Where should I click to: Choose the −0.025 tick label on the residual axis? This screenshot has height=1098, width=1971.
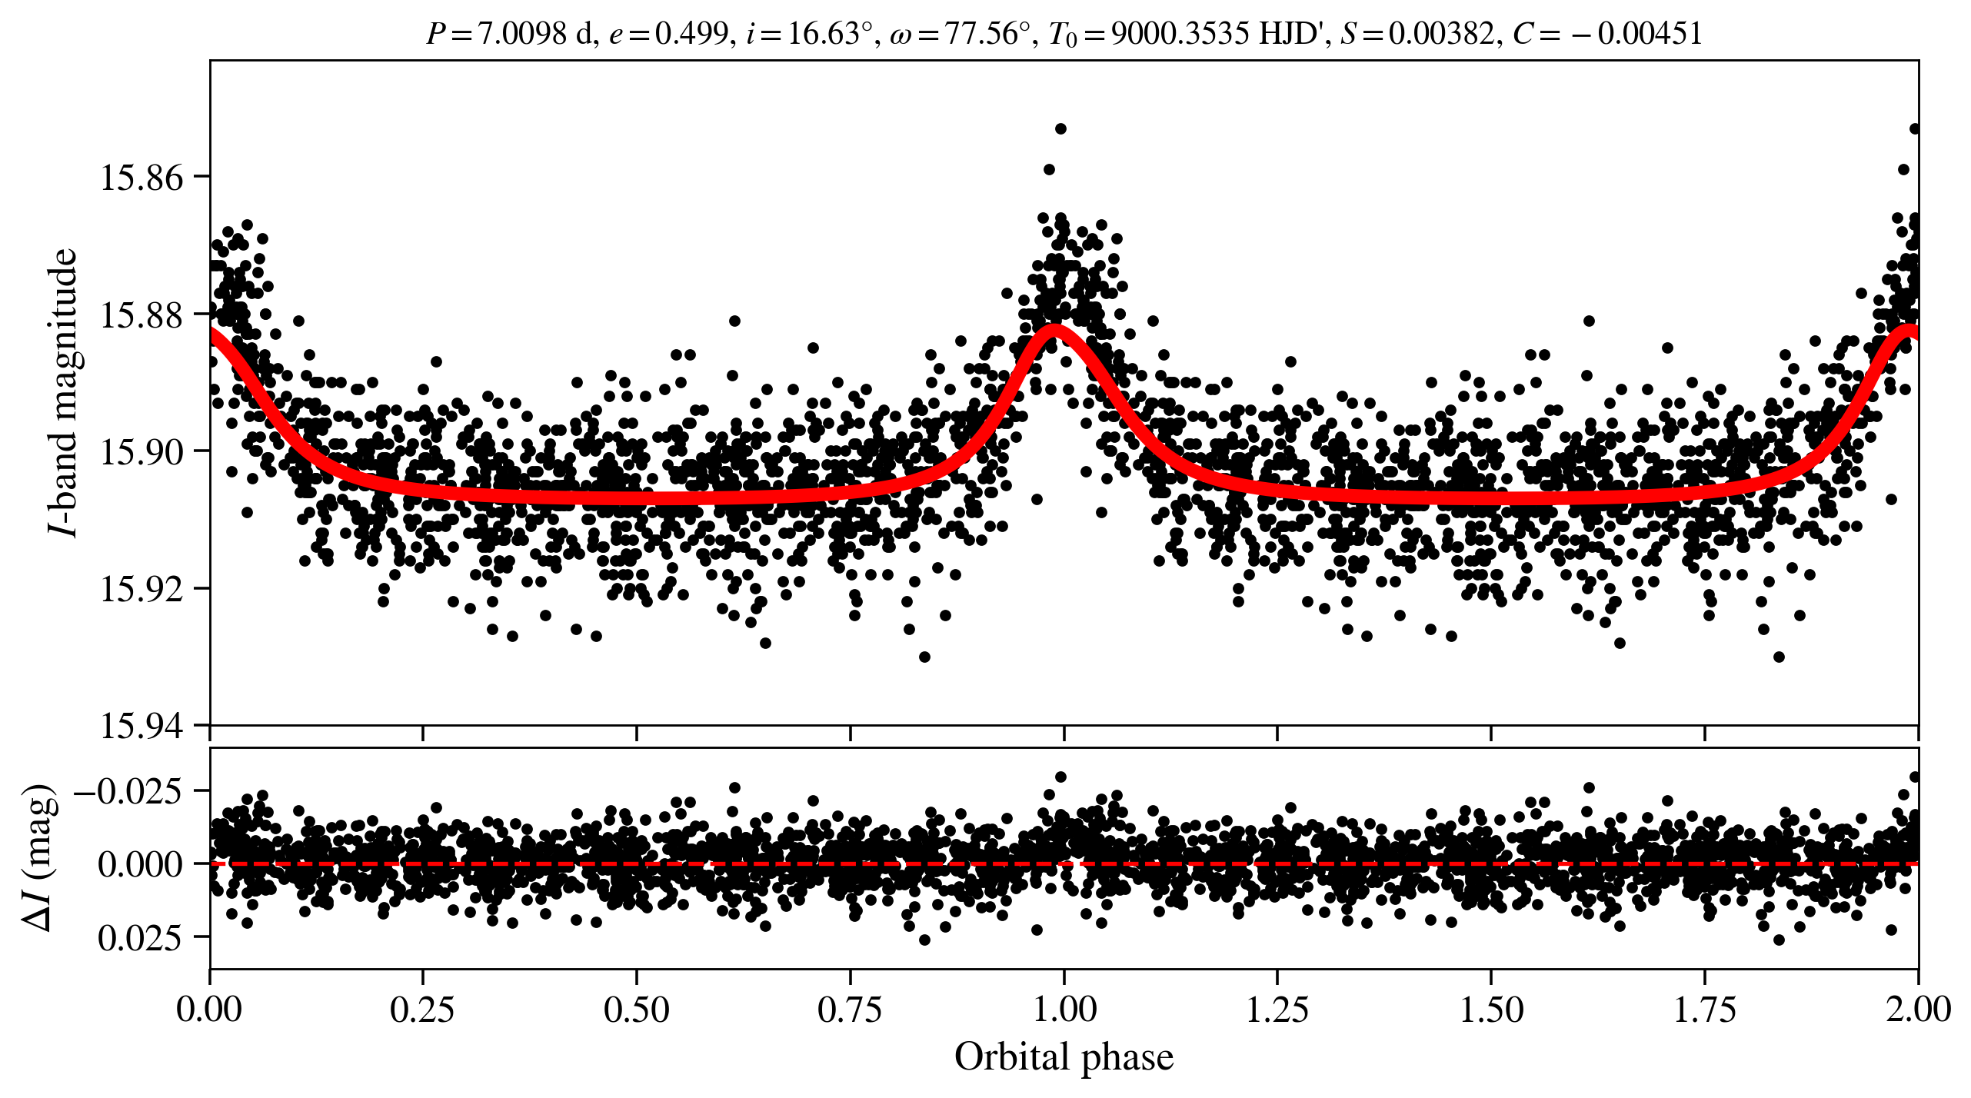(x=128, y=790)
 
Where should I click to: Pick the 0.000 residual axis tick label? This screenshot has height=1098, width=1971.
(x=140, y=864)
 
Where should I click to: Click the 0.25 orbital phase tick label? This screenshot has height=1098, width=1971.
(x=422, y=1009)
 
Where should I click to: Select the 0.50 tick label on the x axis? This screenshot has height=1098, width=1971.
(x=636, y=1009)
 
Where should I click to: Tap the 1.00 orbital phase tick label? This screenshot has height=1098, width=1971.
(x=1064, y=1009)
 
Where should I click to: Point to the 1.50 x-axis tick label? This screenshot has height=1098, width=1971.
(x=1491, y=1009)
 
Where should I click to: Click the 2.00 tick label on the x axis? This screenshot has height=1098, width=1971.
(x=1917, y=1009)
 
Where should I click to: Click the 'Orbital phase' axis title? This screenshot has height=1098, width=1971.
(x=1064, y=1057)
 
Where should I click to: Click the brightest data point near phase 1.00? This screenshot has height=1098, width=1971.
(x=1061, y=128)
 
